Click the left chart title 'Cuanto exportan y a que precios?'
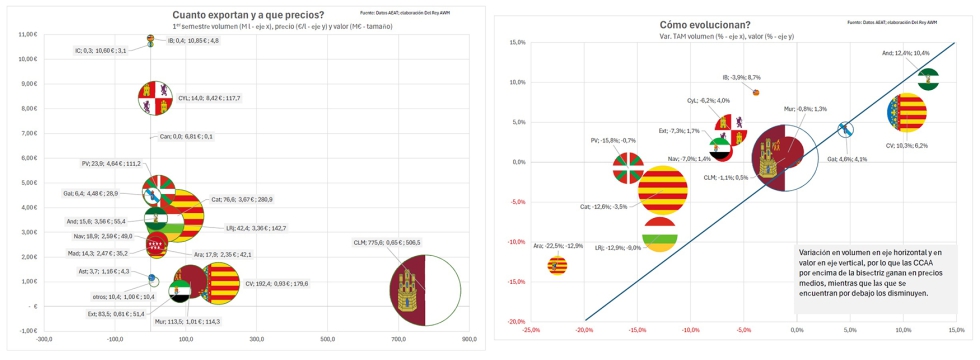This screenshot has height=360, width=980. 247,15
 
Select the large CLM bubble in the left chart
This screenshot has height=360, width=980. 427,291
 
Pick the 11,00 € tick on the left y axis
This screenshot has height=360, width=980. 27,34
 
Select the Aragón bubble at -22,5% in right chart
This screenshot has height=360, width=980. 557,265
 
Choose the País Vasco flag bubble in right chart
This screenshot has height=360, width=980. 626,167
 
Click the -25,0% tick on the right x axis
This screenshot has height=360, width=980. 530,329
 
